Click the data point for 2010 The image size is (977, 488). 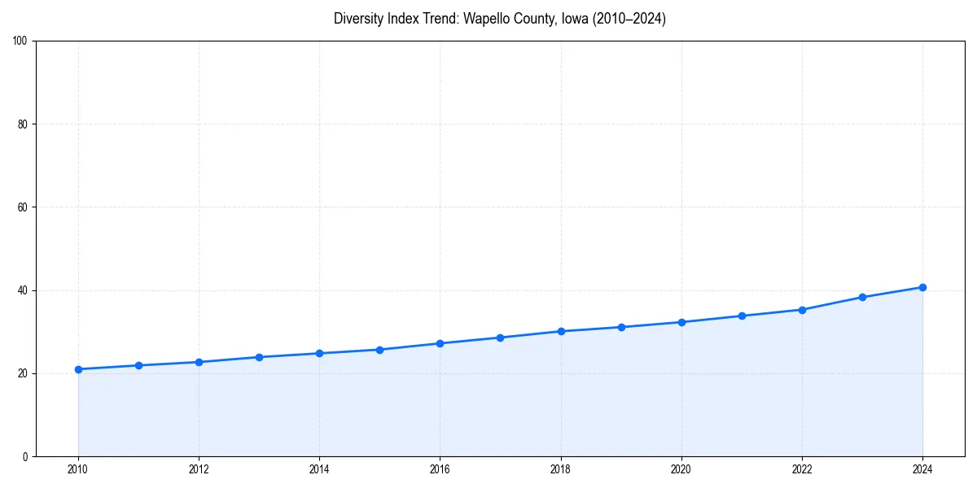[78, 369]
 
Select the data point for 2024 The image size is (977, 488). [922, 287]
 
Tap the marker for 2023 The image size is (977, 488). [862, 297]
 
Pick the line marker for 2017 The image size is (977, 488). [501, 338]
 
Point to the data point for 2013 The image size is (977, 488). [259, 357]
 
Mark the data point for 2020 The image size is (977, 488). [681, 322]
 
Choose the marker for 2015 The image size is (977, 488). [379, 350]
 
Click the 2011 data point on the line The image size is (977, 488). [138, 365]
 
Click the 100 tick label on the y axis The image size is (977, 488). [20, 41]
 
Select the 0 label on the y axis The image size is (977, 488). [25, 456]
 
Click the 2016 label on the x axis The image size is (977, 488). [440, 469]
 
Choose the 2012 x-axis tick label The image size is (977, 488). [199, 469]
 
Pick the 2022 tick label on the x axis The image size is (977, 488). [802, 469]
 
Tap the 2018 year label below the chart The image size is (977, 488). [560, 469]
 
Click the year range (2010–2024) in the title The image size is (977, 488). [630, 19]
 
